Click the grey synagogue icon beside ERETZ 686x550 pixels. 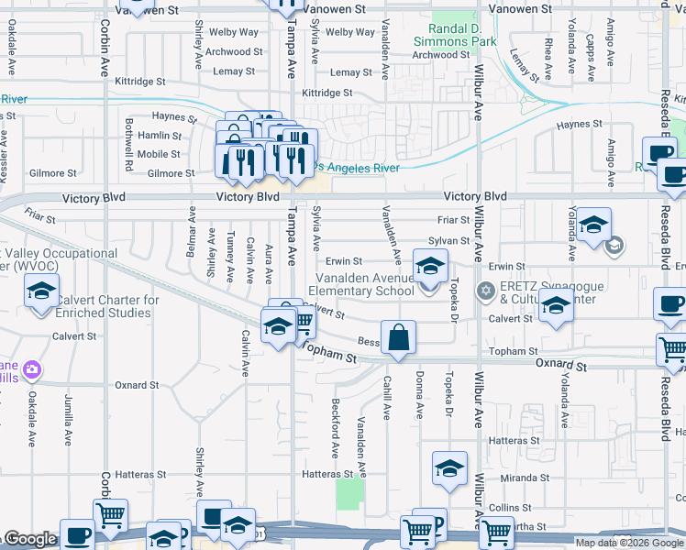pyautogui.click(x=485, y=291)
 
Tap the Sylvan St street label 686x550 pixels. pyautogui.click(x=454, y=241)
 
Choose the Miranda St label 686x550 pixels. pyautogui.click(x=526, y=478)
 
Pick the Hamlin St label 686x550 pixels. pyautogui.click(x=159, y=136)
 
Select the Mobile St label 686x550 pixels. pyautogui.click(x=160, y=154)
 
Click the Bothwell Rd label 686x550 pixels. pyautogui.click(x=129, y=137)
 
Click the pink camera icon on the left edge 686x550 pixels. pyautogui.click(x=33, y=369)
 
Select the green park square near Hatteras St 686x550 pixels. pyautogui.click(x=349, y=495)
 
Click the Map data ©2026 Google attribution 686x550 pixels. pyautogui.click(x=628, y=543)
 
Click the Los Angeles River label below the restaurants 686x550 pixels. pyautogui.click(x=358, y=168)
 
